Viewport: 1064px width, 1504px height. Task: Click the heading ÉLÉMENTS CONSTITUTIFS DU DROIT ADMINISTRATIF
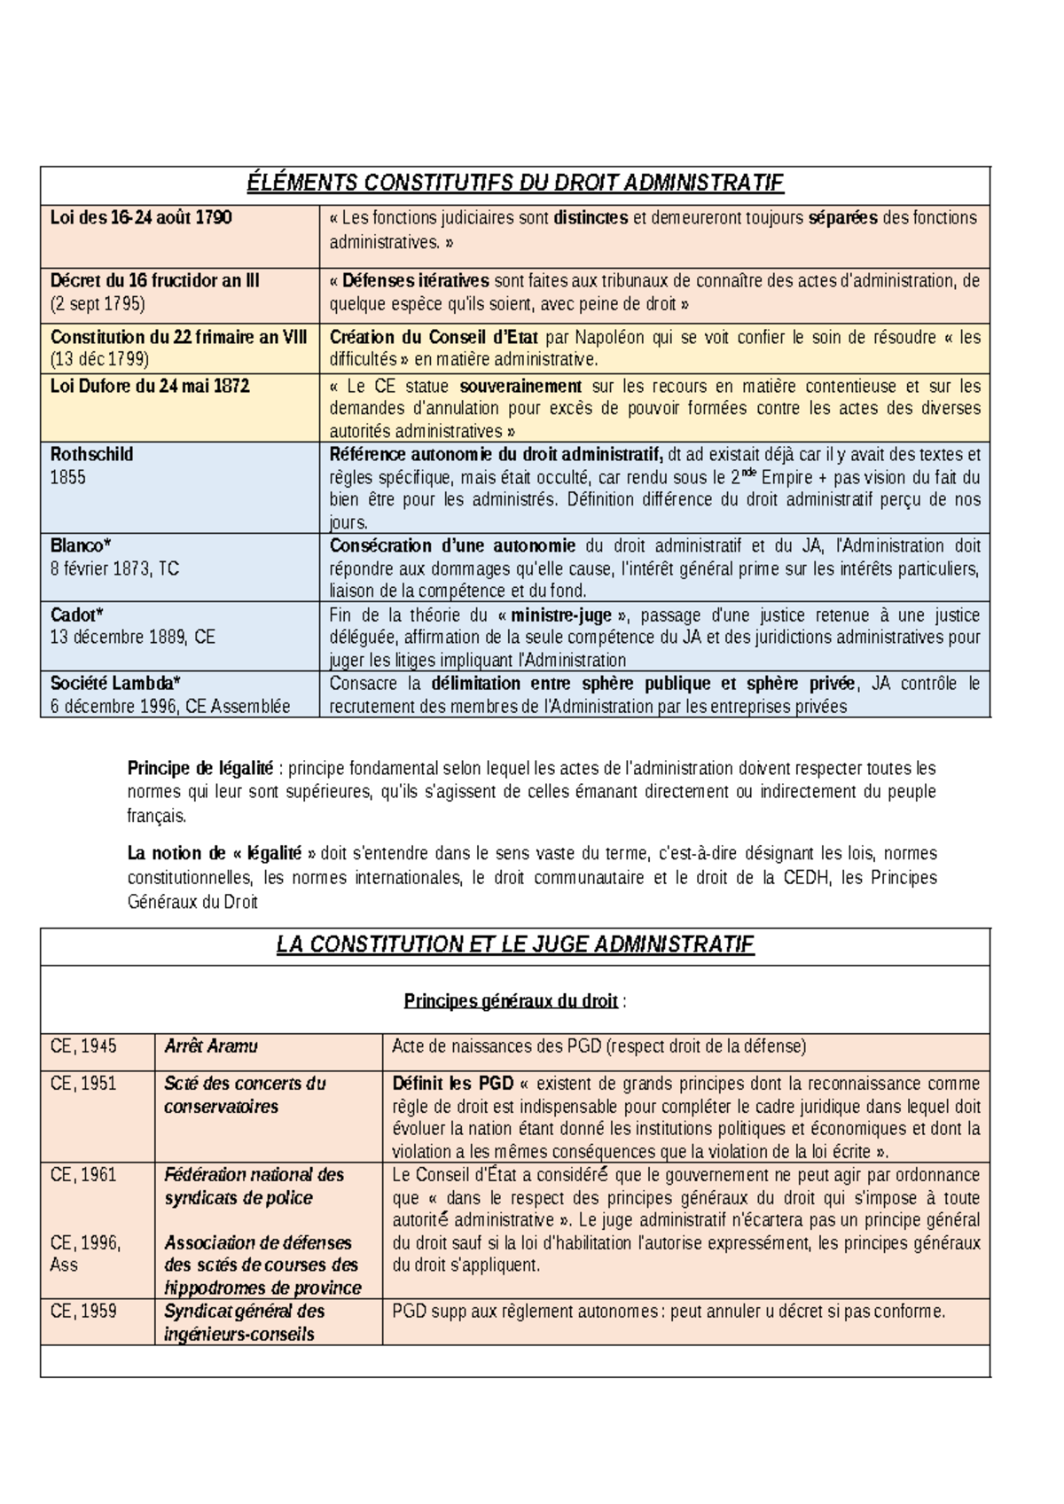click(514, 184)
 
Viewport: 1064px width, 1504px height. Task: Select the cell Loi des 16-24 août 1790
click(141, 218)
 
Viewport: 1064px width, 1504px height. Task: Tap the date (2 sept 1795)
click(98, 304)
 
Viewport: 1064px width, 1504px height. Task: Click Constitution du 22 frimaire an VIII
click(178, 337)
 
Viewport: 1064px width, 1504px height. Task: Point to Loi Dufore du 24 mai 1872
click(150, 387)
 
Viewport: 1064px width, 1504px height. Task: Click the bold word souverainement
click(520, 387)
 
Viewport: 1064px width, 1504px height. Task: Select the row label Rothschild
click(91, 455)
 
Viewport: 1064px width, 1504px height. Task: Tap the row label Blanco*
click(81, 546)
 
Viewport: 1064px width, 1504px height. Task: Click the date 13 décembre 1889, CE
click(132, 638)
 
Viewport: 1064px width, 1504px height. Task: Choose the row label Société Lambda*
click(115, 684)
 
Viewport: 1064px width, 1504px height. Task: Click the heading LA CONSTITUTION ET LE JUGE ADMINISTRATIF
click(514, 945)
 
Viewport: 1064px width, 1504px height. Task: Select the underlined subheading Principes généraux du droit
click(511, 1001)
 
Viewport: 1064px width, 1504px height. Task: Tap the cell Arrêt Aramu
click(210, 1047)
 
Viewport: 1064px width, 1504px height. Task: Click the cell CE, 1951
click(83, 1084)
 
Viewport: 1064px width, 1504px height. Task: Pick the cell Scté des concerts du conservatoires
click(245, 1095)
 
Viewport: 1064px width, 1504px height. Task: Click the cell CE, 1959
click(83, 1312)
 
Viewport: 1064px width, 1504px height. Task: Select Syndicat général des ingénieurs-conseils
click(244, 1323)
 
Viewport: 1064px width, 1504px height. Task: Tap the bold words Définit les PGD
click(453, 1084)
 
